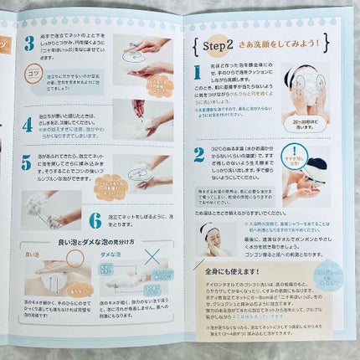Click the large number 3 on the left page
[28, 44]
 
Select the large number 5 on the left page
[27, 163]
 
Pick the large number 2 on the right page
[199, 154]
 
